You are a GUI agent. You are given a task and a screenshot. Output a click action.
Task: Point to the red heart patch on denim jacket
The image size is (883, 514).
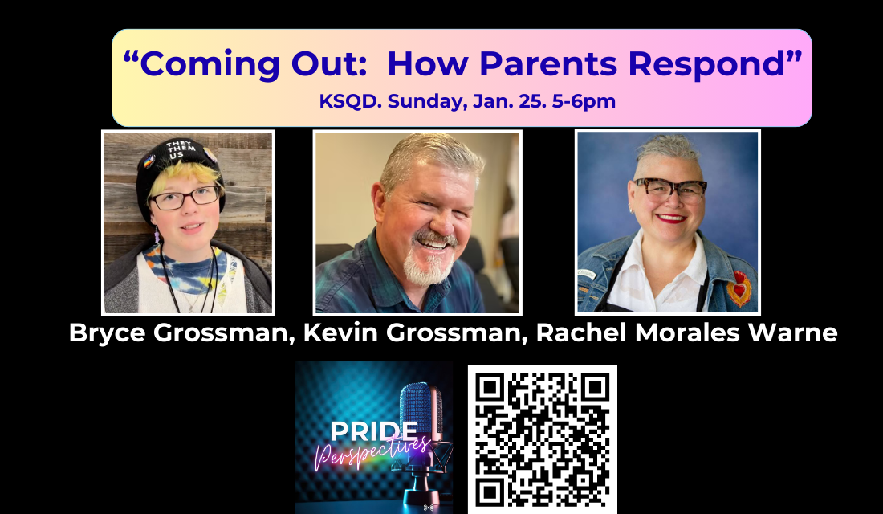739,288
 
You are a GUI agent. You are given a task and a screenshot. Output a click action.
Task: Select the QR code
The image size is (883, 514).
542,439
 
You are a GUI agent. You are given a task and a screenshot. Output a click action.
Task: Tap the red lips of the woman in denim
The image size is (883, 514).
671,217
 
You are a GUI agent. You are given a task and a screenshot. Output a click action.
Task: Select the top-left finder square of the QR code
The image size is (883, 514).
491,389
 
